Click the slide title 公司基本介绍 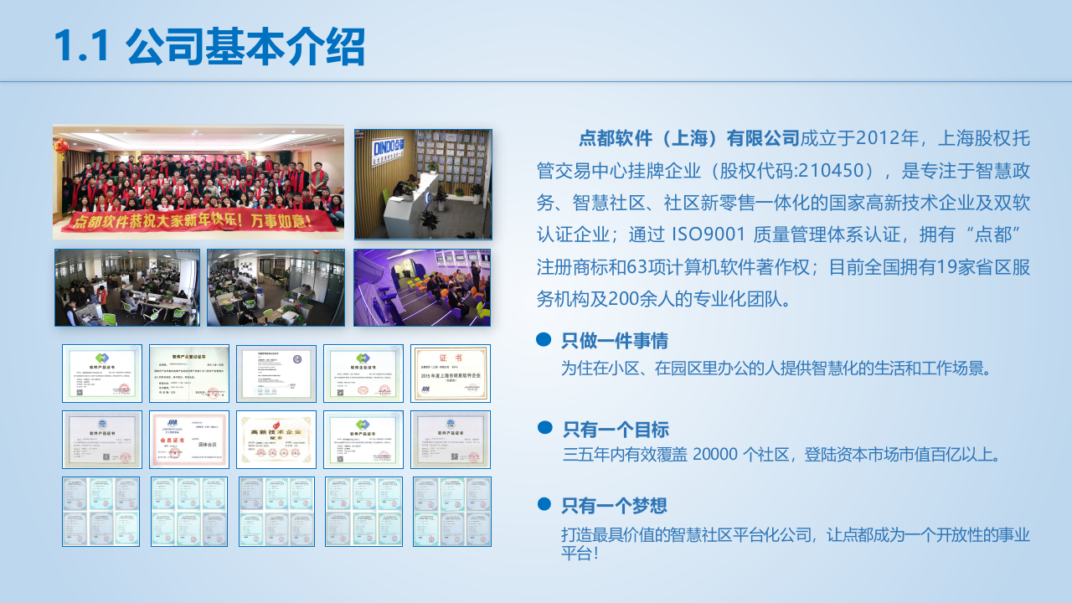[245, 47]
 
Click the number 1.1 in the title [82, 47]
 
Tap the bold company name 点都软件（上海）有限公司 [688, 137]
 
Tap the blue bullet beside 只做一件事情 [544, 339]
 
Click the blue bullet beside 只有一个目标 [544, 428]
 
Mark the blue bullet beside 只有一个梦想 [544, 504]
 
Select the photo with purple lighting [422, 287]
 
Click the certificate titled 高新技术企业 [276, 439]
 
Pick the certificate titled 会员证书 [188, 439]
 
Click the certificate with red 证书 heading [451, 374]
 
